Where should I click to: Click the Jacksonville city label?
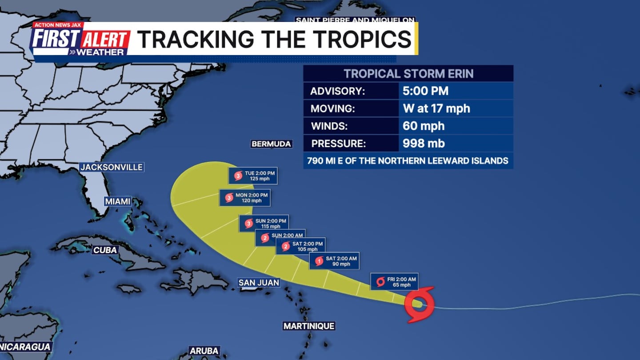112,167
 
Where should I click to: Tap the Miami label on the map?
118,201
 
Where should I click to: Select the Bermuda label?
271,144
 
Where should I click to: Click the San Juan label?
259,282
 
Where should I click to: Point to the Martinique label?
309,326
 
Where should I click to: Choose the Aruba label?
204,351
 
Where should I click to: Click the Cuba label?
105,250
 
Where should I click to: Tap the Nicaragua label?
26,347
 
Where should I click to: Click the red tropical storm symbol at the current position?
419,304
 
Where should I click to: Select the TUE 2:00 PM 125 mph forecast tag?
253,176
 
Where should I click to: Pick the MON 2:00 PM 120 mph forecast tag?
245,198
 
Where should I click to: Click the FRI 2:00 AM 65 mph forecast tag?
394,282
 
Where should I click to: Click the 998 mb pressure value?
424,144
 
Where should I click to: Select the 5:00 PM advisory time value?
425,91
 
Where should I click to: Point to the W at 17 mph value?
436,108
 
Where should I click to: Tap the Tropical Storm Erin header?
408,74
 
